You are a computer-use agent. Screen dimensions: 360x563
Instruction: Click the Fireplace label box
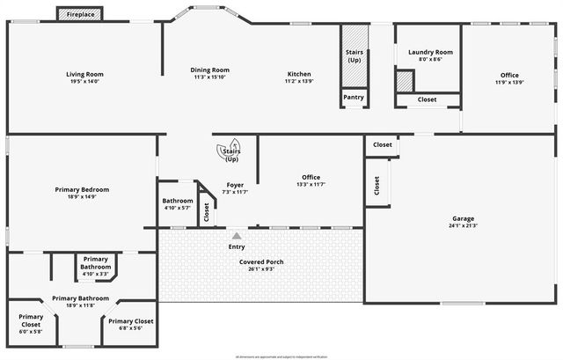[82, 14]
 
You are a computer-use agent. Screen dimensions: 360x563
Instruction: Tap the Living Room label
[84, 75]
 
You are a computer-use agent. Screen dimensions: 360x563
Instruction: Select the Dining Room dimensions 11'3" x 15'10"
[210, 77]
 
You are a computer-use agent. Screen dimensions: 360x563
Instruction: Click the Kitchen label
[299, 74]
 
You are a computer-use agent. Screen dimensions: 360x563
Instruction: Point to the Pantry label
[354, 97]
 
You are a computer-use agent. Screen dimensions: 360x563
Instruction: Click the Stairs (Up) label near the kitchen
[354, 56]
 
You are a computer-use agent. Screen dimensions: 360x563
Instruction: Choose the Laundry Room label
[430, 53]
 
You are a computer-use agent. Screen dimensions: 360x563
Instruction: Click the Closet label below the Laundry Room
[427, 99]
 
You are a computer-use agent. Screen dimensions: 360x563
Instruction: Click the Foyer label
[235, 185]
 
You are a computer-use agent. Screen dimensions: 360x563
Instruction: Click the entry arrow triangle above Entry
[236, 236]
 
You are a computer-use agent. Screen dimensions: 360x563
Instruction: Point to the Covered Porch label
[262, 261]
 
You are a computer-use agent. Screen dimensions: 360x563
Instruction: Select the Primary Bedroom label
[82, 189]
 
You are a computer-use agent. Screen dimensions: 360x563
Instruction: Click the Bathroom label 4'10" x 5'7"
[177, 201]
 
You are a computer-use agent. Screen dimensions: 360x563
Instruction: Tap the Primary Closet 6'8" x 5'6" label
[131, 321]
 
